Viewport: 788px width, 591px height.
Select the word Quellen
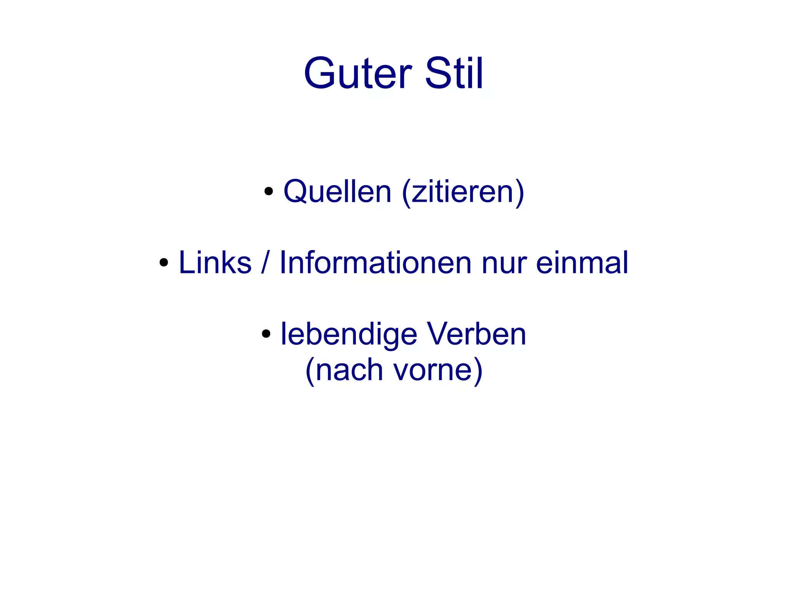[337, 191]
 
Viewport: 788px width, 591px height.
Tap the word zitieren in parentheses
[462, 191]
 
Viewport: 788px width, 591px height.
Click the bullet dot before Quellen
[269, 191]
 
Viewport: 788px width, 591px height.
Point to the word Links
[215, 263]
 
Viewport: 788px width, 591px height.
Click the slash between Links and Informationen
[264, 263]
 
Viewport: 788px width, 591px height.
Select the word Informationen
[375, 263]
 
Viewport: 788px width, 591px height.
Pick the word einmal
[582, 263]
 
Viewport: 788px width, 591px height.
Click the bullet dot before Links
[164, 263]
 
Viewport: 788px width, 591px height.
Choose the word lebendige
[349, 334]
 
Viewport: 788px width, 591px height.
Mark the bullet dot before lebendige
[266, 334]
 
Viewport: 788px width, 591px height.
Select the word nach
[349, 370]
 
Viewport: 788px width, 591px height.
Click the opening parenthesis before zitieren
[406, 192]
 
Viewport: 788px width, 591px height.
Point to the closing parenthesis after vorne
[478, 370]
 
